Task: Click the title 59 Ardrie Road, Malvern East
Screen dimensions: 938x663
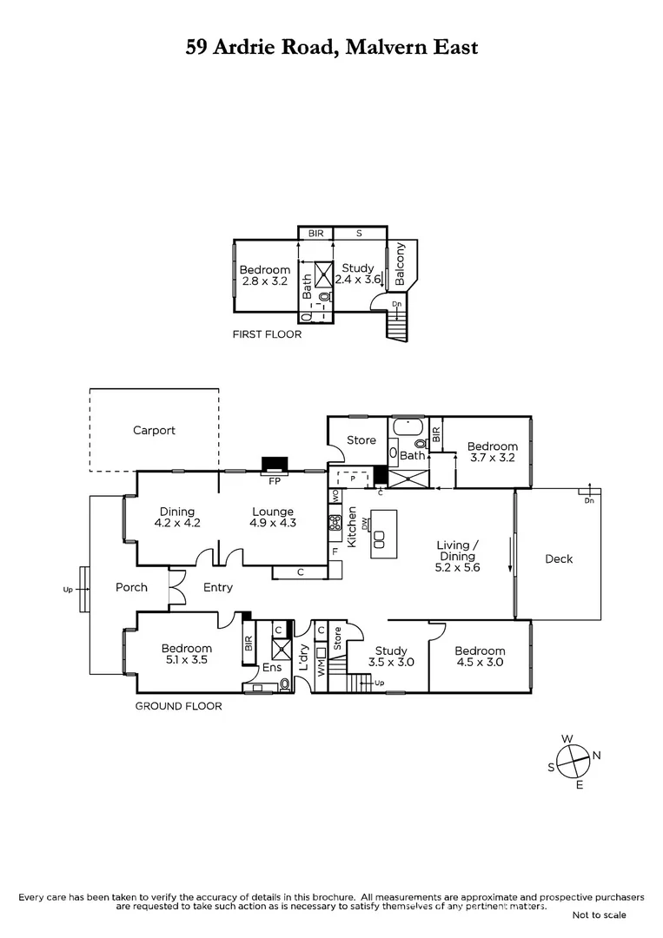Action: tap(331, 47)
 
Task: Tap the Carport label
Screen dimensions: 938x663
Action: tap(154, 430)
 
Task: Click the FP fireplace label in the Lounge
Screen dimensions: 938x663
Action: tap(274, 480)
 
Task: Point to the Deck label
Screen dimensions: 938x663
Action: tap(559, 558)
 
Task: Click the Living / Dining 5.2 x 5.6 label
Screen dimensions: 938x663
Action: tap(457, 556)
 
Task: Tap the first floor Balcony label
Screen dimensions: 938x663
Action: tap(400, 264)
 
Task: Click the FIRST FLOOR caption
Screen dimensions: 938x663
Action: tap(266, 334)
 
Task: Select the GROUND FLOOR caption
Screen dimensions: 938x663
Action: tap(178, 706)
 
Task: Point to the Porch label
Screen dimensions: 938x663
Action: tap(131, 587)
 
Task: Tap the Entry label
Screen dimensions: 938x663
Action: tap(217, 587)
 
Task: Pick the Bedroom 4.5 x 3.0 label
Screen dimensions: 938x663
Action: tap(479, 657)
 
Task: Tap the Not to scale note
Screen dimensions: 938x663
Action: tap(599, 915)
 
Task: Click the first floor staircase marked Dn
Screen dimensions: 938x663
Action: tap(397, 327)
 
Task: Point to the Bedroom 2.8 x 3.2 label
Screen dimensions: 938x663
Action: tap(264, 276)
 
